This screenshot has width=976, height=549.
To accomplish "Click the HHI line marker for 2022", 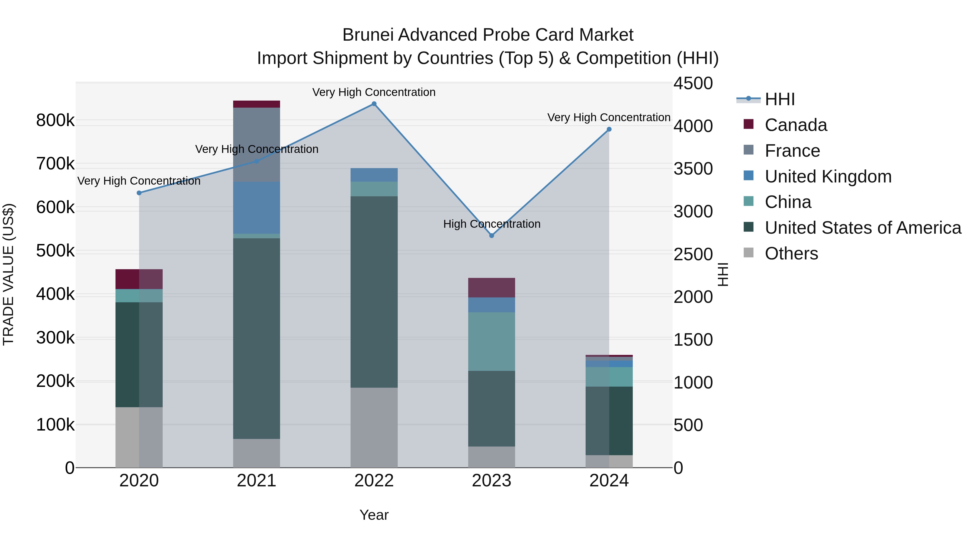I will click(x=374, y=104).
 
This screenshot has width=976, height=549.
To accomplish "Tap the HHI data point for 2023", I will click(x=492, y=236).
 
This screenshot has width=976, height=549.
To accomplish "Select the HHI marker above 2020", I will click(x=139, y=193).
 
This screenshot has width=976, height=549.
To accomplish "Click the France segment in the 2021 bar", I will click(x=256, y=144).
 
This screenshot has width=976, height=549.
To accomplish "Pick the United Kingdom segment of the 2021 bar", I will click(x=256, y=208).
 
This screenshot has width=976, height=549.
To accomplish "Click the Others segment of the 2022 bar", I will click(x=374, y=427).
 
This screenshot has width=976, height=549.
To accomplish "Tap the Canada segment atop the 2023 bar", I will click(x=492, y=288).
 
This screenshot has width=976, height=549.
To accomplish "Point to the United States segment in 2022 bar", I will click(x=374, y=292).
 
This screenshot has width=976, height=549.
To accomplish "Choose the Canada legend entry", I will click(x=796, y=125).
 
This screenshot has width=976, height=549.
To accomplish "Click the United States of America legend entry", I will click(x=863, y=228).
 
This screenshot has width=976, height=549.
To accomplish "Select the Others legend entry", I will click(x=791, y=253).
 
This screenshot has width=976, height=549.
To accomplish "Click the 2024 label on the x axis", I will click(x=609, y=481).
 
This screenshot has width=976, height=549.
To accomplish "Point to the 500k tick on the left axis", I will click(x=55, y=251).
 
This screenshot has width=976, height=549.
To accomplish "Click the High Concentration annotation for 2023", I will click(x=492, y=224).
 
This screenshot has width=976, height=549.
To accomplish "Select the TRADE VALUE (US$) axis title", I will click(x=8, y=274).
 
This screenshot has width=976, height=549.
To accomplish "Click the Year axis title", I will click(x=374, y=515).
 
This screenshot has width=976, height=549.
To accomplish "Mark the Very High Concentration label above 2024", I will click(x=609, y=117).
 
